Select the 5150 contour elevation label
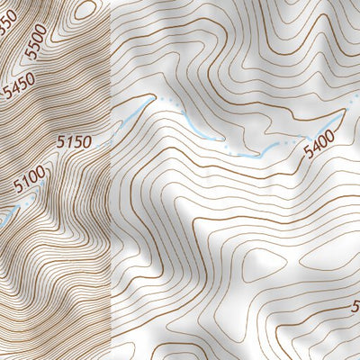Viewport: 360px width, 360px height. (x=74, y=141)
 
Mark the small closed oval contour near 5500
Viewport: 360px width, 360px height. (x=86, y=10)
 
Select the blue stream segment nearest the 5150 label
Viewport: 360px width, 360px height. (x=126, y=121)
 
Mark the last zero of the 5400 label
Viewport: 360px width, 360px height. (x=331, y=137)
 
